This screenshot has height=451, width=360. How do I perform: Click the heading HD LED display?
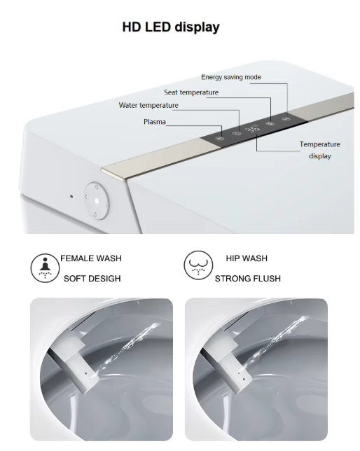(171, 27)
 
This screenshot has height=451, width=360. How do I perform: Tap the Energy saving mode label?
(231, 77)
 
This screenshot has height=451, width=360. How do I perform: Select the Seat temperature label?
(191, 92)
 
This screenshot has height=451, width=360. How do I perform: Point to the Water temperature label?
(148, 105)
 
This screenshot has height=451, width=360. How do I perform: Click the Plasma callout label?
(155, 122)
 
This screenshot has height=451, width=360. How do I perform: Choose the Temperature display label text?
(319, 150)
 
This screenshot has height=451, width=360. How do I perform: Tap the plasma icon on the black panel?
(220, 139)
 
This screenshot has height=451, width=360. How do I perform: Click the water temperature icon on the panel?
(237, 134)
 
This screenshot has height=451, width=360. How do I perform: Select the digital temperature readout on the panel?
(252, 129)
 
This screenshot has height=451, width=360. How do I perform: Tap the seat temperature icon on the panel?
(270, 124)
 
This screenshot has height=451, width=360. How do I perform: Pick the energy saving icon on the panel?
(286, 118)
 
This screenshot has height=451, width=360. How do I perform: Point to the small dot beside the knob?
(71, 197)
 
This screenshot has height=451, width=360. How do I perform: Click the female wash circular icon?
(45, 268)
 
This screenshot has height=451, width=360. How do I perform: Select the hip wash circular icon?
(198, 265)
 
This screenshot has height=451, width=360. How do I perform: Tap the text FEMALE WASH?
(91, 258)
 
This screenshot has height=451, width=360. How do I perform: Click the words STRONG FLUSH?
(248, 279)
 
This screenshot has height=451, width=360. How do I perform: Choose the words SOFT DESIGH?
(92, 279)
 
